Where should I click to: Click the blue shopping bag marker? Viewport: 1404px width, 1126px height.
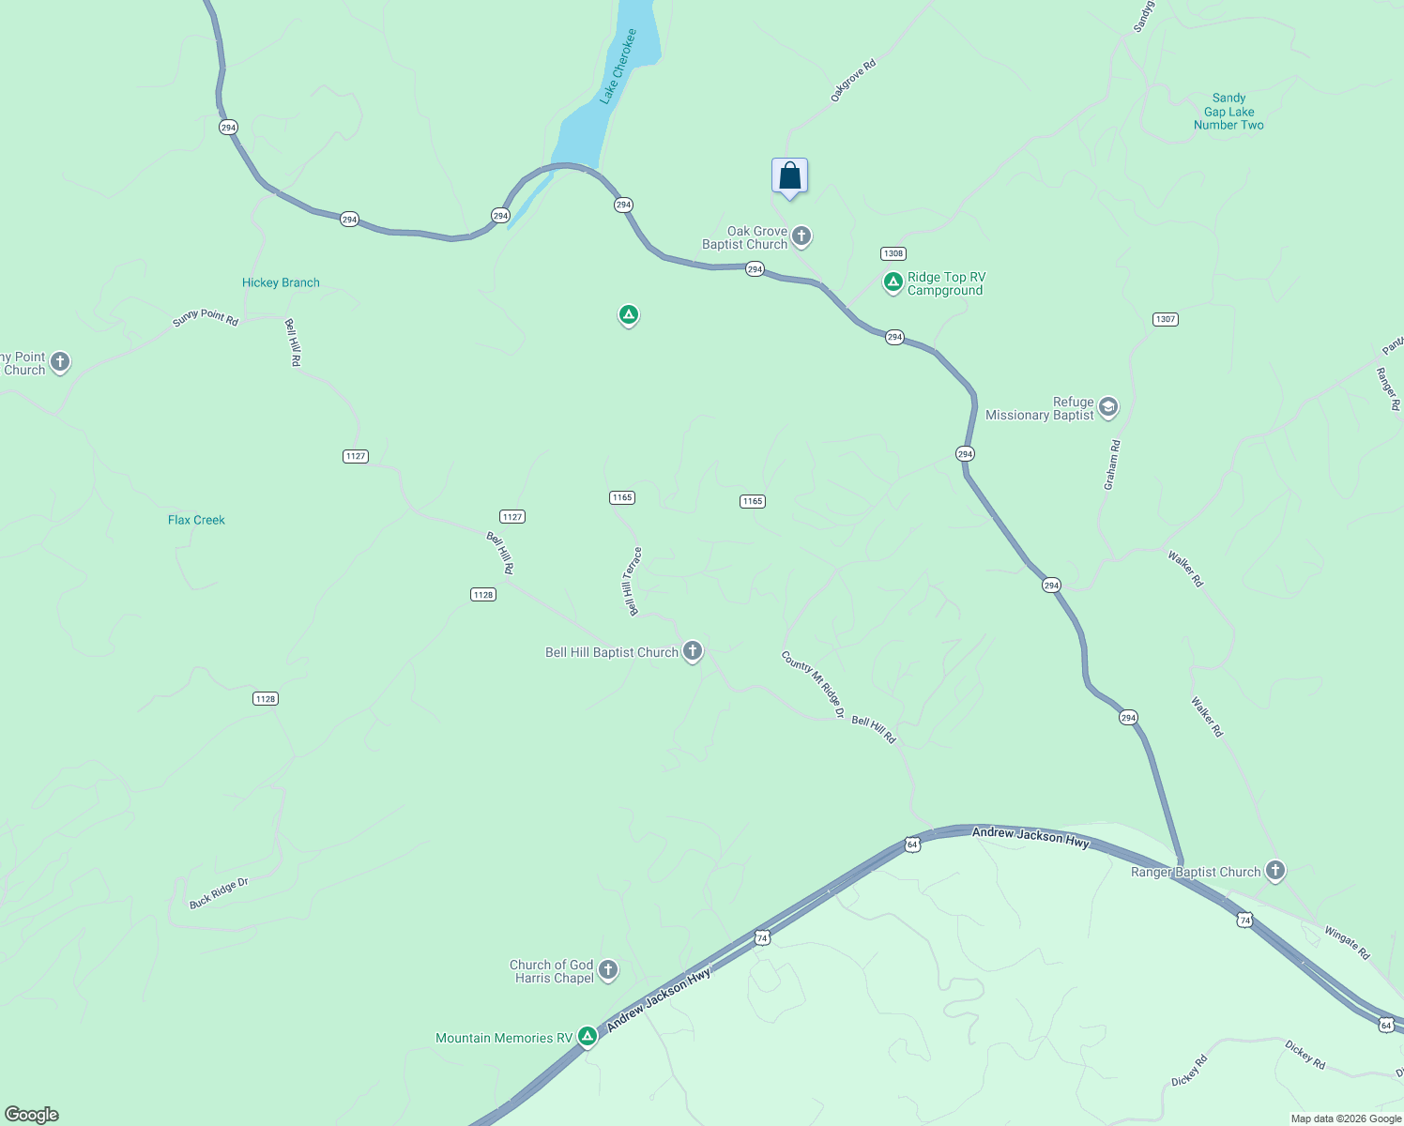click(x=789, y=176)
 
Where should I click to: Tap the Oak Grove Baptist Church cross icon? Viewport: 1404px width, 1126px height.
click(x=801, y=236)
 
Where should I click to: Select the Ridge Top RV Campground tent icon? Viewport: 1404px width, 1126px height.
click(x=893, y=281)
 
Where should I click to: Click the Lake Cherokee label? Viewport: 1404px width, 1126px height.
click(x=618, y=66)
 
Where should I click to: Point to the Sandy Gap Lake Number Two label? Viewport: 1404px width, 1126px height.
click(x=1228, y=112)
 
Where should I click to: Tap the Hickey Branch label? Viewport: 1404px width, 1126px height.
click(x=281, y=282)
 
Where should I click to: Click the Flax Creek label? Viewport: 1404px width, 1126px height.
click(x=196, y=520)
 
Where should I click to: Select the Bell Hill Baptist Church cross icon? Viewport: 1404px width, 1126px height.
click(x=693, y=650)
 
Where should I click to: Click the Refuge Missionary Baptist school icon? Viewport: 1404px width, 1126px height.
click(x=1108, y=407)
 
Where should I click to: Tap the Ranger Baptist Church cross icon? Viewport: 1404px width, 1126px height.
click(x=1274, y=871)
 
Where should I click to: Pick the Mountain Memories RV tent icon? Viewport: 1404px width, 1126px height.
click(x=588, y=1036)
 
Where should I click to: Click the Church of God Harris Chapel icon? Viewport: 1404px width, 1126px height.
click(x=608, y=969)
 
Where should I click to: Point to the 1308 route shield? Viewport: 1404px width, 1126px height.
click(x=893, y=253)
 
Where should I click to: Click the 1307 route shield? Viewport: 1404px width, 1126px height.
click(x=1165, y=319)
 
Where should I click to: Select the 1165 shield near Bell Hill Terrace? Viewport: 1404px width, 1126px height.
click(x=622, y=497)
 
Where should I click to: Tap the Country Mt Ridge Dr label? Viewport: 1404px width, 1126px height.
click(x=813, y=684)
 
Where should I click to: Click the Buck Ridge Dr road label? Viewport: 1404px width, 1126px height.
click(x=219, y=893)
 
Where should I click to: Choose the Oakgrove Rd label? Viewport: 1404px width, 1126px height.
click(x=853, y=80)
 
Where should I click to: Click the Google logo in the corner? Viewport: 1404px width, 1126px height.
click(x=32, y=1115)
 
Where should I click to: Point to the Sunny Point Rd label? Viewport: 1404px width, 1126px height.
click(x=206, y=318)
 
